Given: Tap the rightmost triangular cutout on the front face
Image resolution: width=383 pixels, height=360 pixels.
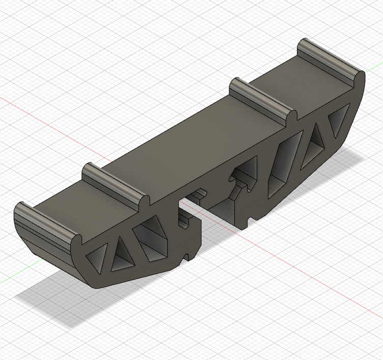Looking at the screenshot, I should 337,122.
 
